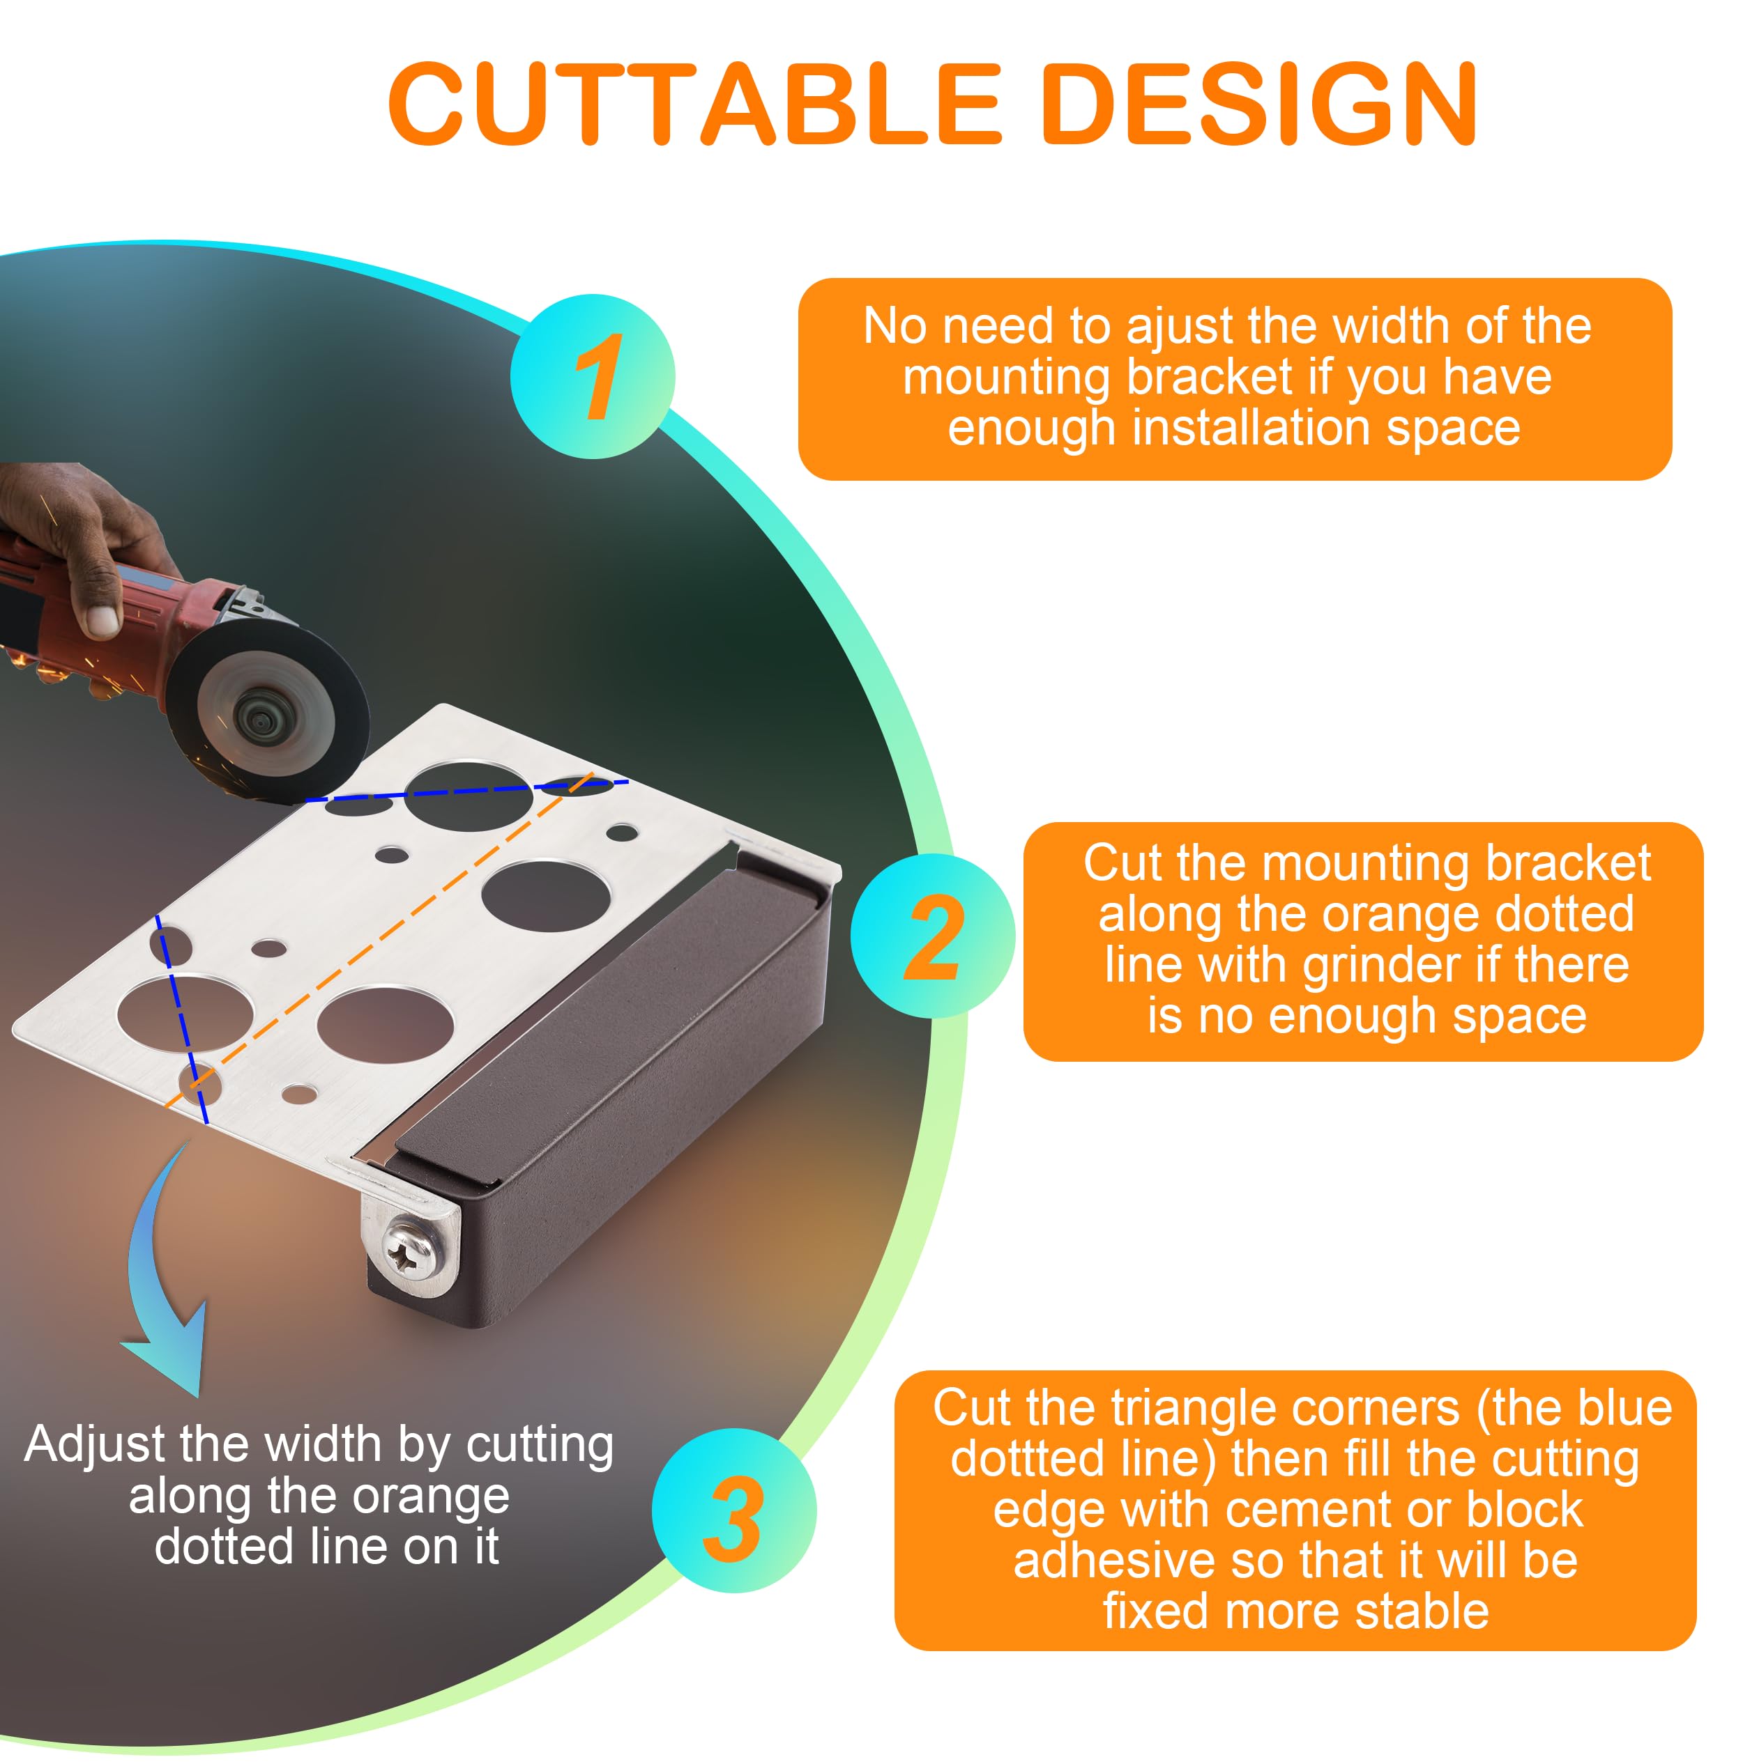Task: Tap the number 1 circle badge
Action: point(592,376)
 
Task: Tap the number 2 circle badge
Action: point(931,936)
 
